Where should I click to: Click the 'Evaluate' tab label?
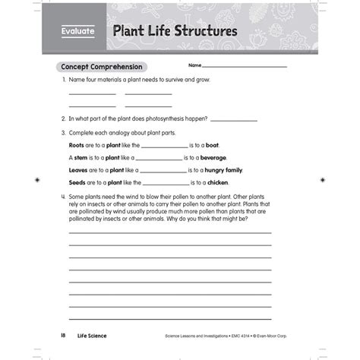coord(78,33)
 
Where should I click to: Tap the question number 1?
coord(62,80)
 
